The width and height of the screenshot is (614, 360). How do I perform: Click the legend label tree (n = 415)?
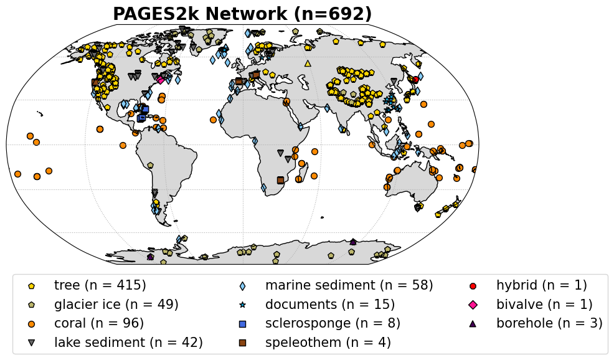100,285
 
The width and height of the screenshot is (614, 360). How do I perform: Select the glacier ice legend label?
116,305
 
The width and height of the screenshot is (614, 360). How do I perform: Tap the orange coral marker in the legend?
31,324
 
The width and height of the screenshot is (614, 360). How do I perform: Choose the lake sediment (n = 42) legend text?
128,343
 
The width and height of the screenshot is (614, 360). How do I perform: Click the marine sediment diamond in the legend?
242,286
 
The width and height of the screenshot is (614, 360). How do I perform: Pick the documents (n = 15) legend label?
330,305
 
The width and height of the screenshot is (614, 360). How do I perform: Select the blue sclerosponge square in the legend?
242,324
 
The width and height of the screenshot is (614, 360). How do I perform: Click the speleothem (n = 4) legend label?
328,343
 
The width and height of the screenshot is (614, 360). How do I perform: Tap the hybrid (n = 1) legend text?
542,285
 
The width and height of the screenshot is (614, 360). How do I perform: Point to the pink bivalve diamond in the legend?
473,305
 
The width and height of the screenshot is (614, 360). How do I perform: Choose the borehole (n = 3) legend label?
549,323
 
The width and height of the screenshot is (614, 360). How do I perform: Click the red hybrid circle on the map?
415,79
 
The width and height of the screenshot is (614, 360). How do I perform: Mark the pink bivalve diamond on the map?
161,80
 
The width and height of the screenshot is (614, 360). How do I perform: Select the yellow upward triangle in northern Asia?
308,63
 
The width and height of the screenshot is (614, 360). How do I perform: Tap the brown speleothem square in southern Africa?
280,180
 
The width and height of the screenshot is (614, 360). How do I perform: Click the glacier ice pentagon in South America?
150,165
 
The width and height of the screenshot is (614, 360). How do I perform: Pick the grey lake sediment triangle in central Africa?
280,152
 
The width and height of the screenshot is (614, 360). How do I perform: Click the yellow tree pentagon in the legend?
31,286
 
